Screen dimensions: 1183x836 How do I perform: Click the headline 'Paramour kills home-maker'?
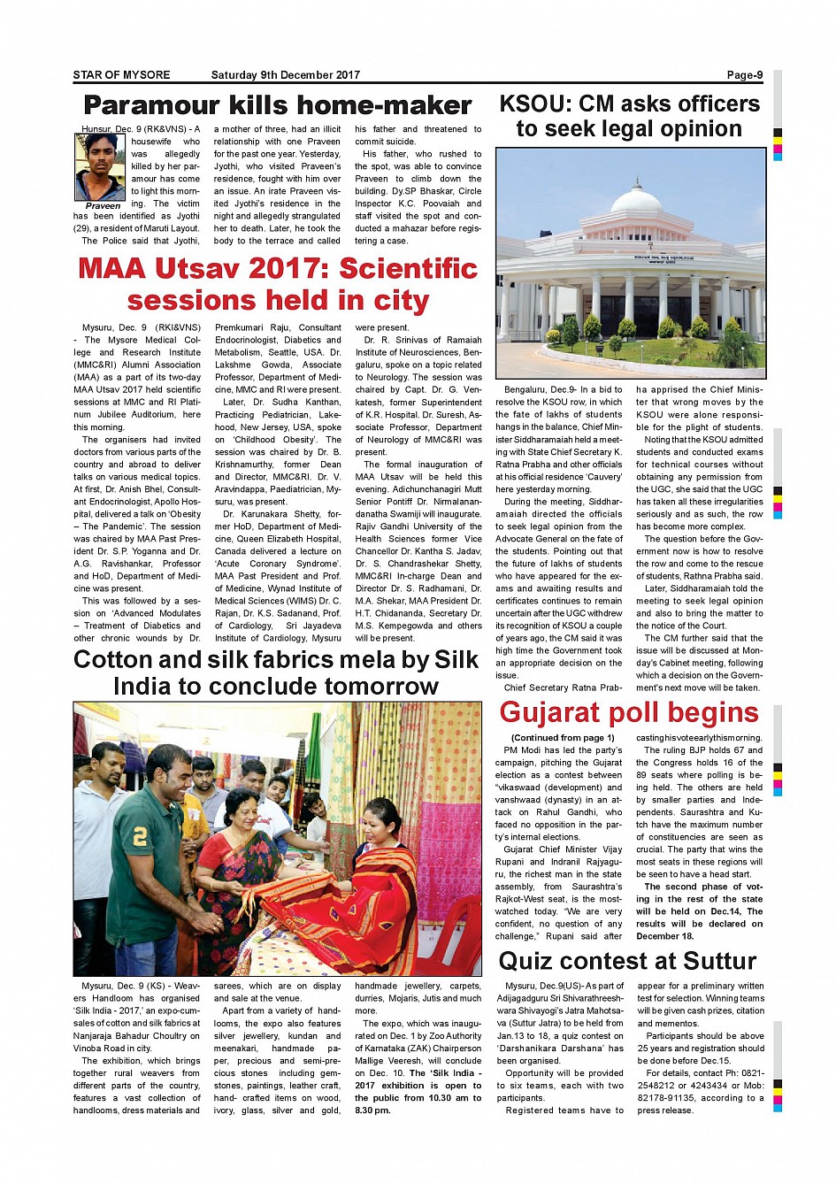coord(277,105)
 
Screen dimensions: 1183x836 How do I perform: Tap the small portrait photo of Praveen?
coord(100,165)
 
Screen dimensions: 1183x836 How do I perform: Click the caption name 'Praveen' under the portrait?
coord(103,205)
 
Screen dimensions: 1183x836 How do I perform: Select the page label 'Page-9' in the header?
coord(745,75)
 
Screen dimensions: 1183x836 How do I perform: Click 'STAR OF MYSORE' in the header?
coord(121,75)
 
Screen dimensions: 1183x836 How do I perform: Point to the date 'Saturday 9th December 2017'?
coord(285,75)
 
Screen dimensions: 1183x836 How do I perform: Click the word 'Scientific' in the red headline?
coord(408,268)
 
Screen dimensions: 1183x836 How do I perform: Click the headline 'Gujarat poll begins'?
coord(628,712)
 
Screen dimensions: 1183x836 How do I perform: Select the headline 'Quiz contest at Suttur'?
coord(627,961)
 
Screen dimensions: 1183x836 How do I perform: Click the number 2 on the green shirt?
coord(140,835)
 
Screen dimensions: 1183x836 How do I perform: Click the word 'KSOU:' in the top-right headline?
coord(534,104)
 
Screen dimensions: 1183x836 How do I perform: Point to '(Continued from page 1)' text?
coord(563,738)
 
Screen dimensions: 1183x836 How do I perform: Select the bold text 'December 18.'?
coord(665,936)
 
